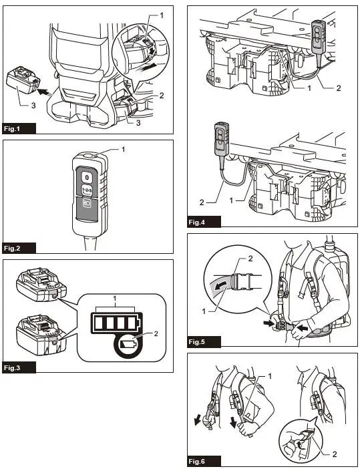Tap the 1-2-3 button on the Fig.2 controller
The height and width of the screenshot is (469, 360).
[x=87, y=190]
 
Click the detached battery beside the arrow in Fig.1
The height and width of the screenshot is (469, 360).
[x=23, y=80]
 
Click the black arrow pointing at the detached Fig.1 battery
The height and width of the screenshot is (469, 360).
[x=44, y=92]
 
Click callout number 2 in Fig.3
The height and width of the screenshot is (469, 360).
[x=156, y=334]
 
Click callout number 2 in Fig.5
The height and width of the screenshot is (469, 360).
[x=250, y=259]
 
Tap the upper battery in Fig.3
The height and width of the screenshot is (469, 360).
[x=41, y=285]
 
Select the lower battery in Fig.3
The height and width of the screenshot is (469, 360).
[x=41, y=335]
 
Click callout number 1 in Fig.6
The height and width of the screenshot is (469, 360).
[x=270, y=376]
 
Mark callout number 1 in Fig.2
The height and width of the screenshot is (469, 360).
[x=123, y=149]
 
